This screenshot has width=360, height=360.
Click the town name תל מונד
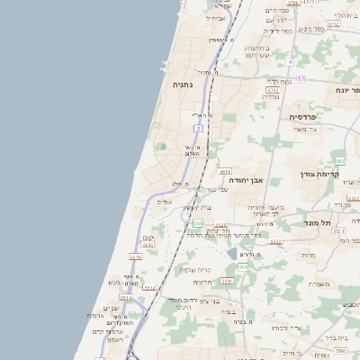[319, 222]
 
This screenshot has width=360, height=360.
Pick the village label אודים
[164, 202]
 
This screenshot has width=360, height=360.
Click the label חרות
[307, 256]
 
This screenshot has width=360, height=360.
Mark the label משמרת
[318, 284]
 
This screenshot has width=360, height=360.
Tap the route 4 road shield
[290, 62]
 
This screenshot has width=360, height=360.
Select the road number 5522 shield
[275, 242]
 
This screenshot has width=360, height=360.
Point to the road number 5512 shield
[149, 288]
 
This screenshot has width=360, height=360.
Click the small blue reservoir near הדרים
[232, 253]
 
